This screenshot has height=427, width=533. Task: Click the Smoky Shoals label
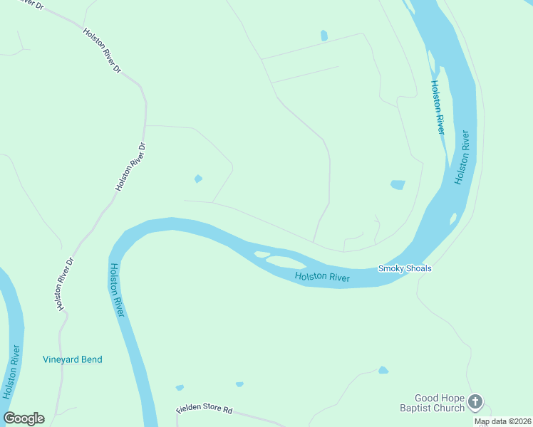click(x=404, y=268)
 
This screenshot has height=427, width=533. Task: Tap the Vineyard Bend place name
click(x=72, y=359)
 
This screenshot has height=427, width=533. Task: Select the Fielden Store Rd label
click(x=205, y=411)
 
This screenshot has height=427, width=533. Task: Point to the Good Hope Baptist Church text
click(x=440, y=403)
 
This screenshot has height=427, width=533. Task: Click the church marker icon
click(x=475, y=403)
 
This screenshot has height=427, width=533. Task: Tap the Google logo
click(x=24, y=418)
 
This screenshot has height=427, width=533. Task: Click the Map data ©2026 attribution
click(x=502, y=421)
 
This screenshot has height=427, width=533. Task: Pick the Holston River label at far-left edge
click(x=10, y=371)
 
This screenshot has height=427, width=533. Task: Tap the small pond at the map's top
click(x=324, y=35)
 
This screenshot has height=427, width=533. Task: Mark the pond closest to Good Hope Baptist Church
click(x=383, y=370)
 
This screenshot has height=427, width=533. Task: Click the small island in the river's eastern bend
click(x=453, y=218)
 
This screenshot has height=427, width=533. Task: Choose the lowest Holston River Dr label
click(x=66, y=284)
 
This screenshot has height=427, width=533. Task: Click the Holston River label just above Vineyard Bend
click(x=118, y=290)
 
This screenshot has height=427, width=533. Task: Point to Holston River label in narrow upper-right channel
click(x=437, y=107)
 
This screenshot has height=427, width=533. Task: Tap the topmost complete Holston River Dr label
click(x=103, y=52)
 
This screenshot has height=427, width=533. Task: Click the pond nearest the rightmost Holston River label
click(x=398, y=185)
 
